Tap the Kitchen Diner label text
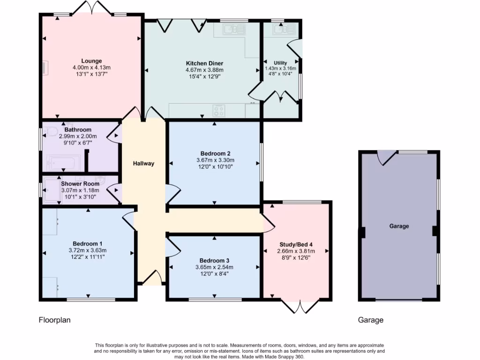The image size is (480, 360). pos(204,63)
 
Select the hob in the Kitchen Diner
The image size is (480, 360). pos(218,110)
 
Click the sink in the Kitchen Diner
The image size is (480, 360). pos(234,30)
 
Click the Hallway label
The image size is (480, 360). pos(143,164)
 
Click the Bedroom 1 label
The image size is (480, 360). pos(87,243)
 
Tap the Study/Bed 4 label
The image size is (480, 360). pos(294,244)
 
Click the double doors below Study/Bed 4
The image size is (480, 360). pos(299,306)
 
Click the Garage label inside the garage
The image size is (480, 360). pos(399,226)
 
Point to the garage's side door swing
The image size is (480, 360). pos(387,157)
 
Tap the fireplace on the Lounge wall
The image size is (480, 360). pos(45,68)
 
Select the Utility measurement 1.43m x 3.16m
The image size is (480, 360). pos(280,68)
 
